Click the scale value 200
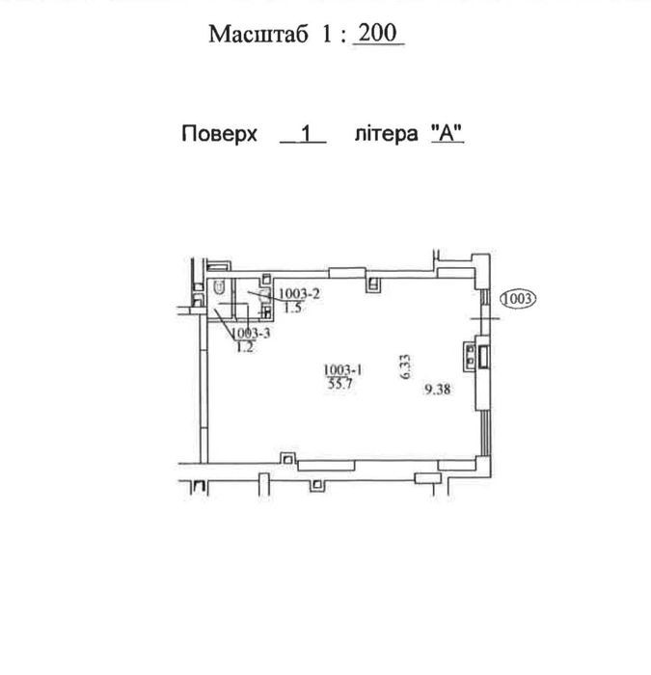pos(378,33)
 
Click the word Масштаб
pos(258,34)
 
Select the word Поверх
pos(219,134)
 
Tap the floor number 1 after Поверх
pos(306,134)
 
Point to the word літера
pos(386,133)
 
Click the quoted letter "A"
pos(447,133)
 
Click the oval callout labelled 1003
pos(518,298)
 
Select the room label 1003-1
pos(342,369)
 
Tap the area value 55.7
pos(340,384)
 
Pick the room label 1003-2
pos(299,293)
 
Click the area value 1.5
pos(293,308)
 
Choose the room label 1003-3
pos(251,333)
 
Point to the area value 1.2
pos(245,347)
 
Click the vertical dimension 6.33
pos(405,366)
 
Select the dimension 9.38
pos(438,390)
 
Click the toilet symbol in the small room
pos(220,287)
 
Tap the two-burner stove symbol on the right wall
pos(470,356)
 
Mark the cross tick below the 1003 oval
pos(485,318)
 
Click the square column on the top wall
pos(373,284)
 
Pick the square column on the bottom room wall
pos(287,458)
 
